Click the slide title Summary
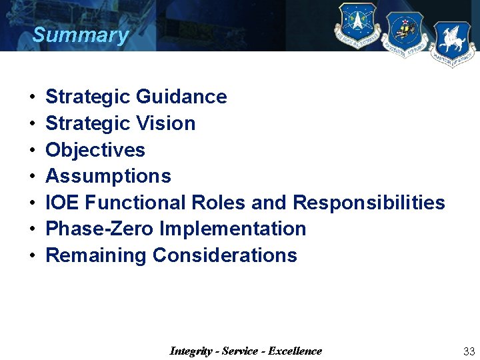coord(80,35)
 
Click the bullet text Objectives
coord(95,150)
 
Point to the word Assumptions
coord(108,177)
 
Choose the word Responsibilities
coord(369,203)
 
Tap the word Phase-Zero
coord(99,229)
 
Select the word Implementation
coord(233,229)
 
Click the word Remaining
coord(95,255)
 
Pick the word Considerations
coord(225,255)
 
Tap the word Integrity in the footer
coord(191,351)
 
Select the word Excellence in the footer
coord(295,351)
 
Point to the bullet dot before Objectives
coord(33,151)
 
